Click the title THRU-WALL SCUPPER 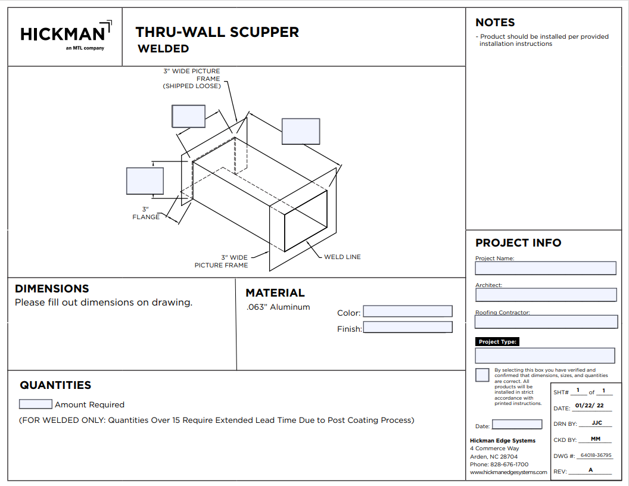click(x=217, y=32)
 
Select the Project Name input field click(x=545, y=268)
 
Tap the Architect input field click(x=546, y=295)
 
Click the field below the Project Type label click(x=544, y=356)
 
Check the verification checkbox click(x=482, y=375)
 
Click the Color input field click(x=407, y=311)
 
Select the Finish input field click(x=407, y=328)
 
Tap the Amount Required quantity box click(x=36, y=404)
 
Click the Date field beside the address click(x=517, y=425)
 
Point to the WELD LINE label click(x=342, y=257)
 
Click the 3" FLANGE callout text click(x=146, y=213)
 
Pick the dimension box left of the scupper click(x=145, y=181)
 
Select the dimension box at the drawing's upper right click(x=301, y=131)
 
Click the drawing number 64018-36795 click(x=596, y=456)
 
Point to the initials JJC click(x=597, y=423)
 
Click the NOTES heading click(x=495, y=23)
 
